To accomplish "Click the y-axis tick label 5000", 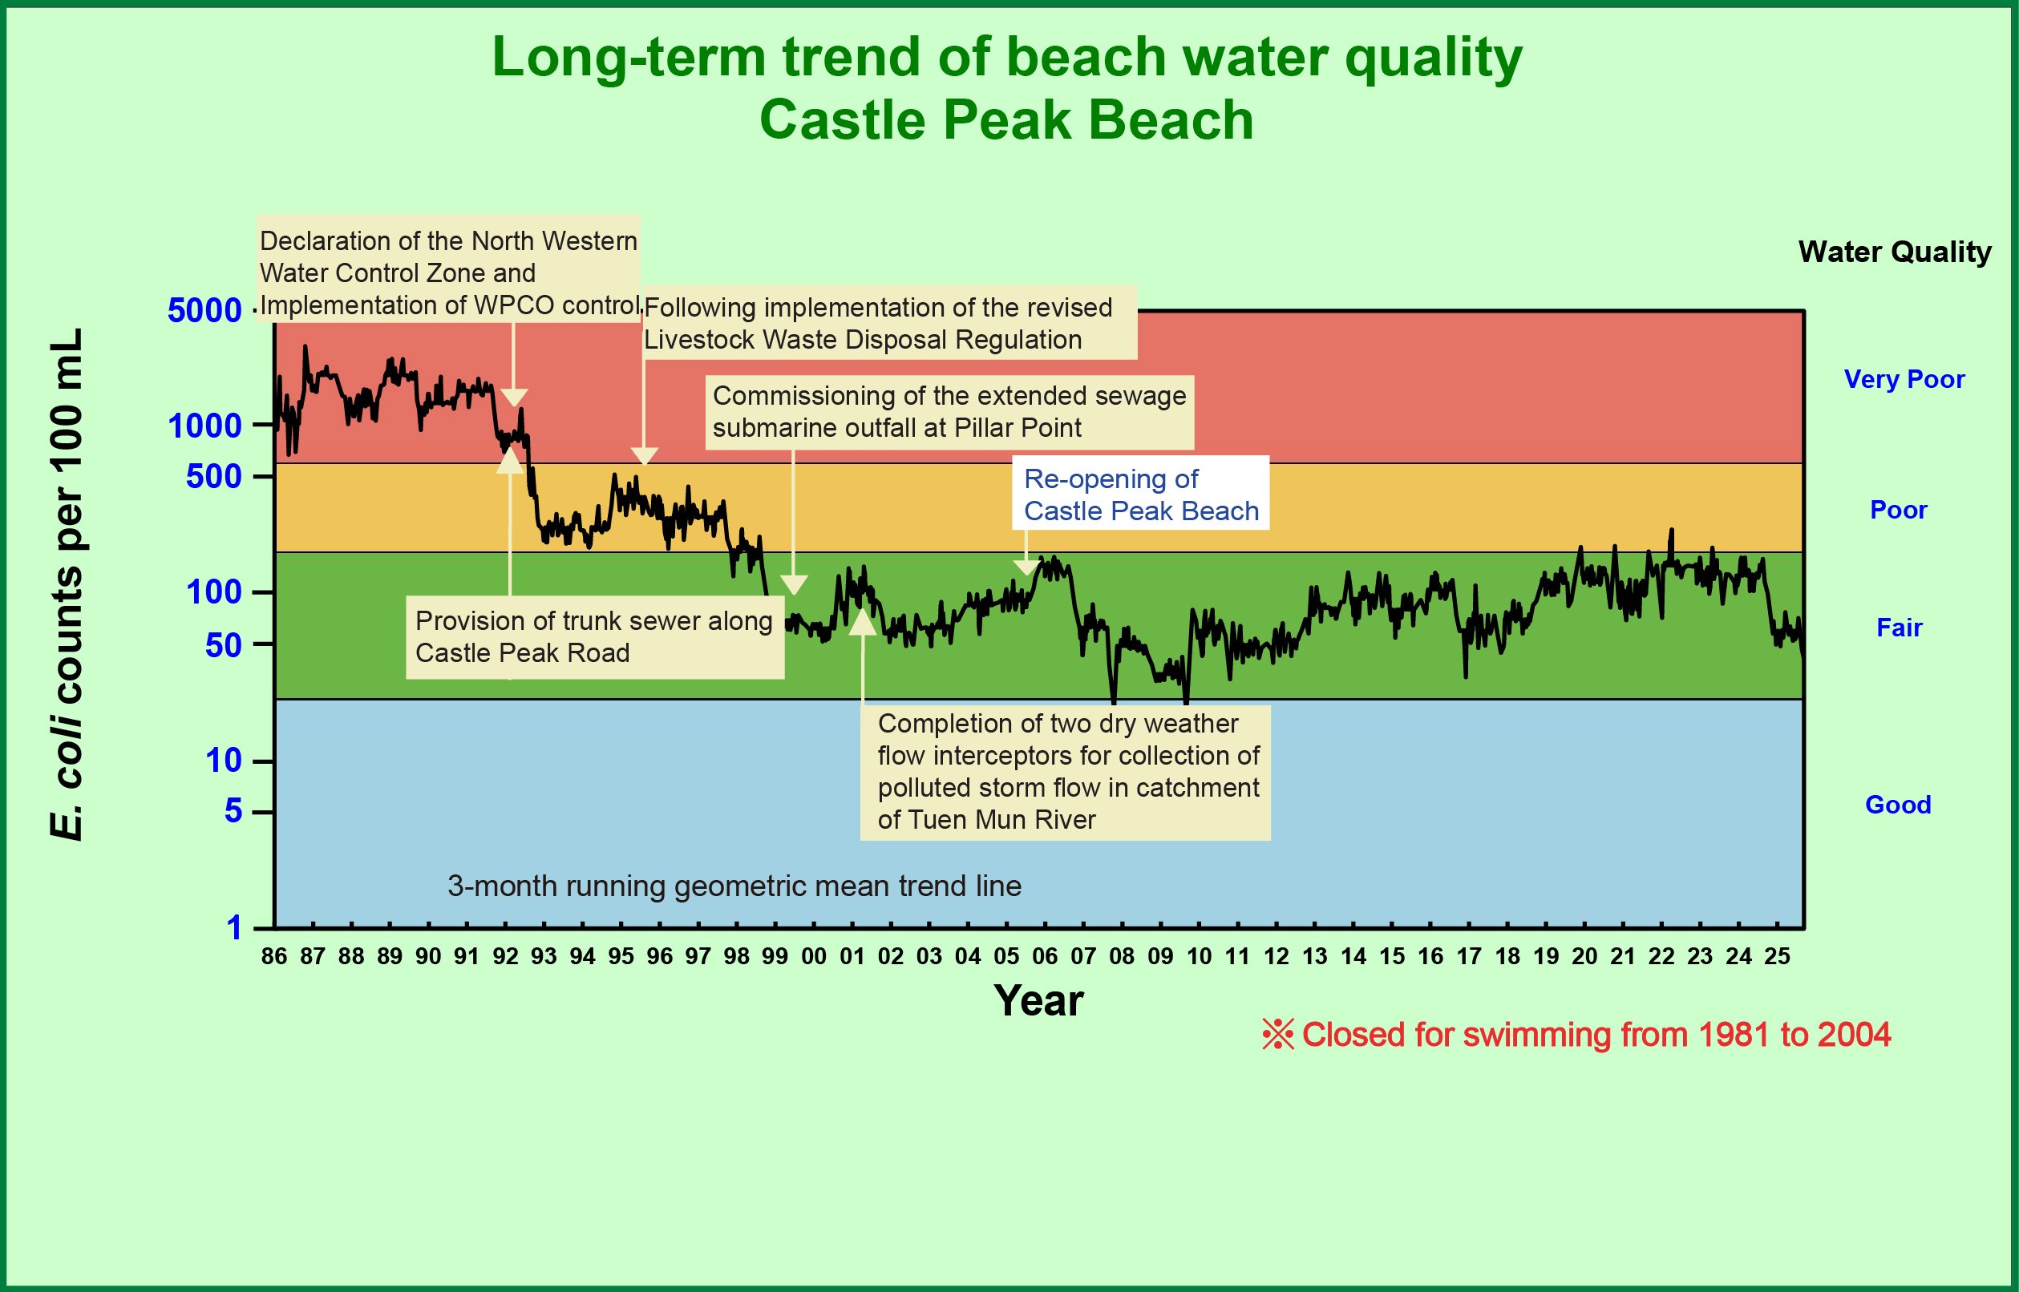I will click(x=204, y=310).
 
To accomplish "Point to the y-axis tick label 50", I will click(x=223, y=645).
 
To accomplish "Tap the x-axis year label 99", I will click(x=775, y=956).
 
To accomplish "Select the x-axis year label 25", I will click(x=1777, y=956).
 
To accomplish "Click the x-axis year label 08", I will click(x=1121, y=956).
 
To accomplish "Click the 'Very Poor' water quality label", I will click(x=1904, y=379).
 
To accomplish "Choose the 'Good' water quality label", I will click(x=1897, y=805).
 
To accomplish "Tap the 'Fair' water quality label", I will click(x=1898, y=628).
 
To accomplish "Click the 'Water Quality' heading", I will click(x=1894, y=252).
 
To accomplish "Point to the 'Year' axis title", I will click(x=1038, y=1000).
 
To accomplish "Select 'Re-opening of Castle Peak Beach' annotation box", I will click(x=1139, y=495).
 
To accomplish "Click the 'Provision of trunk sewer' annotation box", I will click(x=594, y=636).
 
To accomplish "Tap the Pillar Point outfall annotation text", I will click(x=949, y=412).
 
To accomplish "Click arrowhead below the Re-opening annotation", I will click(x=1026, y=568).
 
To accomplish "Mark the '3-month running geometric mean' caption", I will click(x=734, y=886).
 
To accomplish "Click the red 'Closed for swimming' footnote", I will click(x=1576, y=1035).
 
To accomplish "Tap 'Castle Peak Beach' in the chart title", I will click(x=1006, y=120).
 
